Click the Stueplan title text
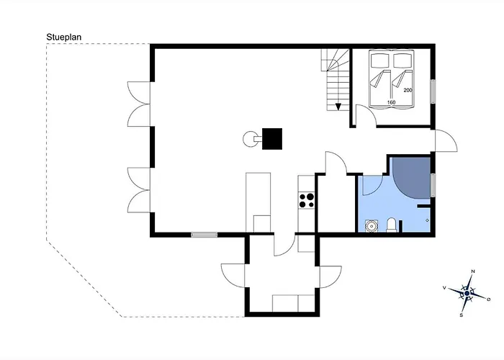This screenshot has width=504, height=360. pos(63,37)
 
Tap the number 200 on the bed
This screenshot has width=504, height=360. pos(408,90)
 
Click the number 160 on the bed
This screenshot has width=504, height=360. pos(391,102)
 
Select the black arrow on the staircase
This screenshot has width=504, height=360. pos(338,107)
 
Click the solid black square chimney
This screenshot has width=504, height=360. pos(272,138)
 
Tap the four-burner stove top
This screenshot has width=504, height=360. pos(306,200)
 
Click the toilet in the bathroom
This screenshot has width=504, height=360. pos(391,225)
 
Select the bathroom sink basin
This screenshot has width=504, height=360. pos(372,225)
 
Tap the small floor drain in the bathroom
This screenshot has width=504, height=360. pos(427,220)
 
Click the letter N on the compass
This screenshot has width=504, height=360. pos(473,271)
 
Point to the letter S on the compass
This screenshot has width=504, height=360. pos(462,315)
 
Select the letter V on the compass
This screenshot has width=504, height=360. pos(444,288)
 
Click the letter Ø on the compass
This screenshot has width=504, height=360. pos(489,300)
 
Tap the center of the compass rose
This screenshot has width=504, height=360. pos(467,294)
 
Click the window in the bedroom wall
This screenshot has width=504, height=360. pos(433,91)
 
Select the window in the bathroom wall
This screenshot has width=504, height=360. pos(433,185)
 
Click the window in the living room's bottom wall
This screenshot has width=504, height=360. pos(204,235)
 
